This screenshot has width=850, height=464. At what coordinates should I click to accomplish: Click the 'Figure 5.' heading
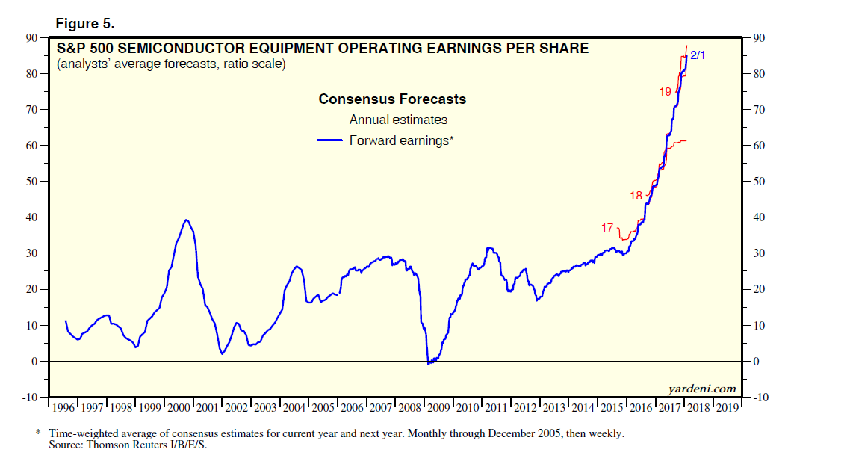[x=84, y=24]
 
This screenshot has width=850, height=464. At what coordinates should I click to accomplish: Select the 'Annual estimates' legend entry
[x=398, y=120]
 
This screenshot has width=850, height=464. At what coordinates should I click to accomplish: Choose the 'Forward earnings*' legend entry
[x=401, y=140]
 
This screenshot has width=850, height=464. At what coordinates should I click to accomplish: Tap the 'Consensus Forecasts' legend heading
[x=392, y=99]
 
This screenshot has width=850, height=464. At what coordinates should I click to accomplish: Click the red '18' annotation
[x=636, y=196]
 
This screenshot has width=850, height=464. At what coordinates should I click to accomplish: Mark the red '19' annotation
[x=665, y=91]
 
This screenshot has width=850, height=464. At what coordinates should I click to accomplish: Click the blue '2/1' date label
[x=697, y=55]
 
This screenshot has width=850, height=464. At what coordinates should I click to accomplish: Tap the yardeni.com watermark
[x=702, y=389]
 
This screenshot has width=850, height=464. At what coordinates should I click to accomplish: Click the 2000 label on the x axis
[x=179, y=408]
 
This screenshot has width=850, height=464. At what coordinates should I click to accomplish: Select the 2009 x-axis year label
[x=439, y=408]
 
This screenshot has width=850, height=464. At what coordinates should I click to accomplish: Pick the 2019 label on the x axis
[x=727, y=408]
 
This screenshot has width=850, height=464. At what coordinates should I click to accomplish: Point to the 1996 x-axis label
[x=64, y=408]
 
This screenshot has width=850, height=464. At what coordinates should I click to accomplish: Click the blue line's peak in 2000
[x=186, y=220]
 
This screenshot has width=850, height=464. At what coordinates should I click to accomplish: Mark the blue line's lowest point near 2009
[x=428, y=364]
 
